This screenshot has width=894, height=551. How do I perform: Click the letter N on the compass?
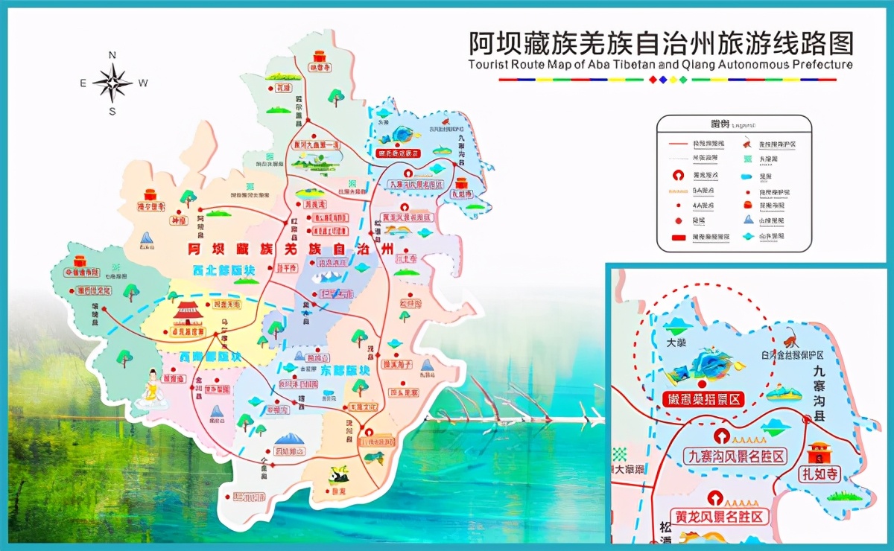tap(112, 55)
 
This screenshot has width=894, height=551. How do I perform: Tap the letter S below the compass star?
tap(112, 112)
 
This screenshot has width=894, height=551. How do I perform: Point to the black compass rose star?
tap(112, 83)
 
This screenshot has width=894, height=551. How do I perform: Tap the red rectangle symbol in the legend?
tap(679, 237)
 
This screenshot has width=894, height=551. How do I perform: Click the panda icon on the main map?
tap(337, 474)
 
